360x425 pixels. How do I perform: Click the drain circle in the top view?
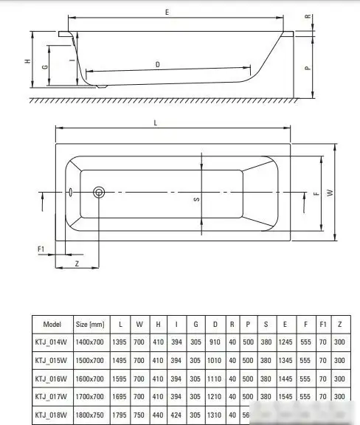[x=100, y=193]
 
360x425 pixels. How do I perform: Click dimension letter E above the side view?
[x=168, y=13]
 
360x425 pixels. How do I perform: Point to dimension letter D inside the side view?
[x=158, y=64]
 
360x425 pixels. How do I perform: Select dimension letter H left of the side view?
[x=27, y=63]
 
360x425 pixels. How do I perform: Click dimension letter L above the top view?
[x=155, y=122]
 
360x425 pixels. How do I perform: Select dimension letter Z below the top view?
[x=77, y=263]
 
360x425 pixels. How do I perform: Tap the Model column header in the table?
[x=52, y=324]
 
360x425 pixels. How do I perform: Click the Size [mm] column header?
[x=90, y=324]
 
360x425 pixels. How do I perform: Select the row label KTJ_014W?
[x=52, y=342]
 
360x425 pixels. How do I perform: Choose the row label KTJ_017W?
[x=52, y=395]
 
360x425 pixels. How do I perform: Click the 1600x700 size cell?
[x=90, y=378]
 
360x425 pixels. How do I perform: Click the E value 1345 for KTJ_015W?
[x=284, y=360]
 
